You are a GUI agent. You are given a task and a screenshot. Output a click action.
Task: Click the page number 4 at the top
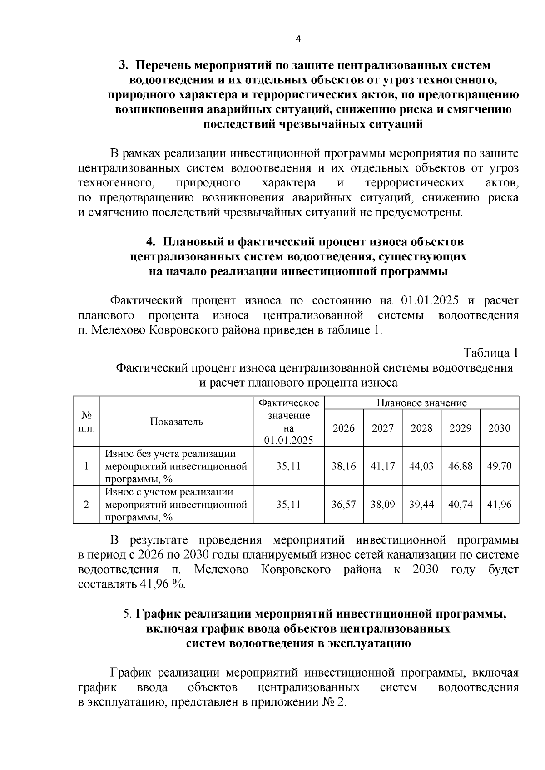click(298, 39)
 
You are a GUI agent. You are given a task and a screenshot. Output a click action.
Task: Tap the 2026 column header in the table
click(343, 428)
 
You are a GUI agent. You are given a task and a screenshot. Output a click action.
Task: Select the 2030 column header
click(499, 428)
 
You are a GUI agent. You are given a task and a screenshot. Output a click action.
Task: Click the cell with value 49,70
click(499, 466)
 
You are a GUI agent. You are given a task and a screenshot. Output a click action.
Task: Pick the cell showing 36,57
click(343, 505)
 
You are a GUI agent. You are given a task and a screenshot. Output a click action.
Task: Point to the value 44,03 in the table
click(421, 466)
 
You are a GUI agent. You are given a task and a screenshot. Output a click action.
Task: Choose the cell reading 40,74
click(460, 505)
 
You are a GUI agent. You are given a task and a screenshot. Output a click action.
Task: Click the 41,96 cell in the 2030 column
click(499, 505)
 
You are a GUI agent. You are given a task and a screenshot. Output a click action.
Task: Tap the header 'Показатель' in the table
click(177, 422)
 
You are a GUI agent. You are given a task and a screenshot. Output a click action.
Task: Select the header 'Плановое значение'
click(421, 402)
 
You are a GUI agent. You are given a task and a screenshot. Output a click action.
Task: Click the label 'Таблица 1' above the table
click(490, 353)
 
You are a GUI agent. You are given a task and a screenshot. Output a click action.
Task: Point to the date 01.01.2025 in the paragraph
click(430, 300)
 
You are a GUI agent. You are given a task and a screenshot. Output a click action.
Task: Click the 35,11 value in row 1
click(288, 466)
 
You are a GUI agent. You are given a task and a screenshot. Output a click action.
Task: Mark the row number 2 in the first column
click(86, 505)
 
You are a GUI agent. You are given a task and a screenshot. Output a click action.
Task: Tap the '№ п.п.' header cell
click(86, 422)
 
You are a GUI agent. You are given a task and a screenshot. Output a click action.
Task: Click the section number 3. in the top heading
click(124, 65)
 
